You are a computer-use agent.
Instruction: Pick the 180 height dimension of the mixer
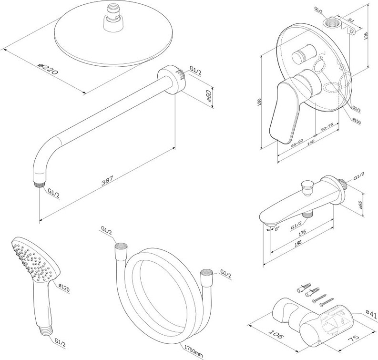257,102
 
